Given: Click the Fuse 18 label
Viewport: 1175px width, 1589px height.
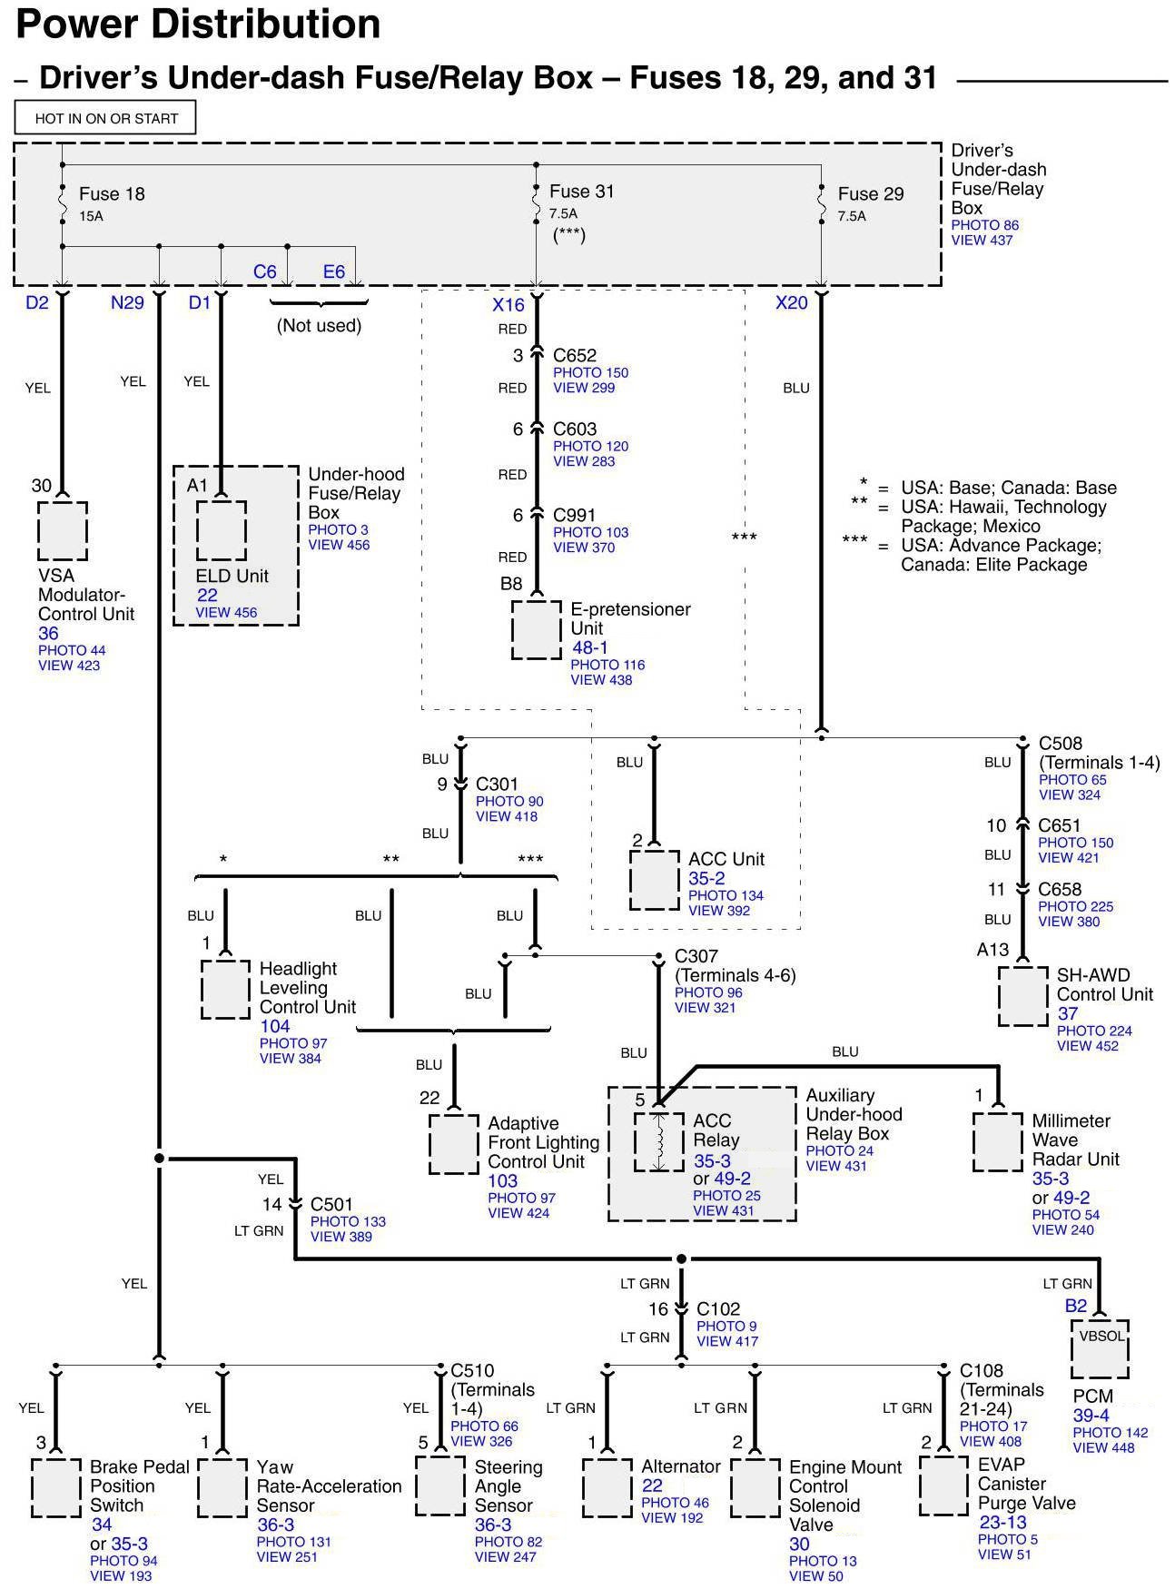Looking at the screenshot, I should [x=112, y=193].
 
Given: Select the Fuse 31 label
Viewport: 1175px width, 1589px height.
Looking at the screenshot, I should [x=581, y=192].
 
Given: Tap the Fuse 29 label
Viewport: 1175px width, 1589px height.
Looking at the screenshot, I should [x=870, y=193].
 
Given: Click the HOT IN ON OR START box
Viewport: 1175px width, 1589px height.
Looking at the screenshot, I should [x=105, y=118].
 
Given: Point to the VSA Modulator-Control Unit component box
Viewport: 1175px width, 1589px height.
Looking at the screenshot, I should [x=63, y=531].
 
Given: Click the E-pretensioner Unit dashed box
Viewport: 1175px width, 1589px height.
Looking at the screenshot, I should [x=536, y=628].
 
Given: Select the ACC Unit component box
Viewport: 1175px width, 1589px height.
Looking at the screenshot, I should [x=655, y=880].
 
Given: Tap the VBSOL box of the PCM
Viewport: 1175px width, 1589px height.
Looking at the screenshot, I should [x=1100, y=1348].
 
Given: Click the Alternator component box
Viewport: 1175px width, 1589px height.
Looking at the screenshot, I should [x=607, y=1487].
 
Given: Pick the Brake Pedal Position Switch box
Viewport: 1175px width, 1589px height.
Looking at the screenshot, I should [x=55, y=1487].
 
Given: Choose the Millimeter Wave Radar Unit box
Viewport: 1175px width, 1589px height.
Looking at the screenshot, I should [x=997, y=1140].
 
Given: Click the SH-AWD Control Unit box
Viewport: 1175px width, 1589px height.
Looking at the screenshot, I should [x=1022, y=995].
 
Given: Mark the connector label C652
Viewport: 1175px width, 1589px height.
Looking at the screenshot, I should [x=574, y=355].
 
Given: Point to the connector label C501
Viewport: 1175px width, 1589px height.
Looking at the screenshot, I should [x=331, y=1205].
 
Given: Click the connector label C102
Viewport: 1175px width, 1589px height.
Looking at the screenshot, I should [x=718, y=1308].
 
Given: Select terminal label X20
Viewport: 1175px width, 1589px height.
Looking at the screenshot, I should [x=791, y=303].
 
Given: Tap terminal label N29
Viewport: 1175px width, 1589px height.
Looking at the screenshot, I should [x=127, y=303].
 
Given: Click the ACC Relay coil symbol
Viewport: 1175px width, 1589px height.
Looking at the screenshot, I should [x=659, y=1141].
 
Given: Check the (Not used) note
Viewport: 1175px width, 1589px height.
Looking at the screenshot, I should [x=319, y=325].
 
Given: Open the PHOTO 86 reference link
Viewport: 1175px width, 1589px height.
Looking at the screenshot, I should [x=984, y=225].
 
